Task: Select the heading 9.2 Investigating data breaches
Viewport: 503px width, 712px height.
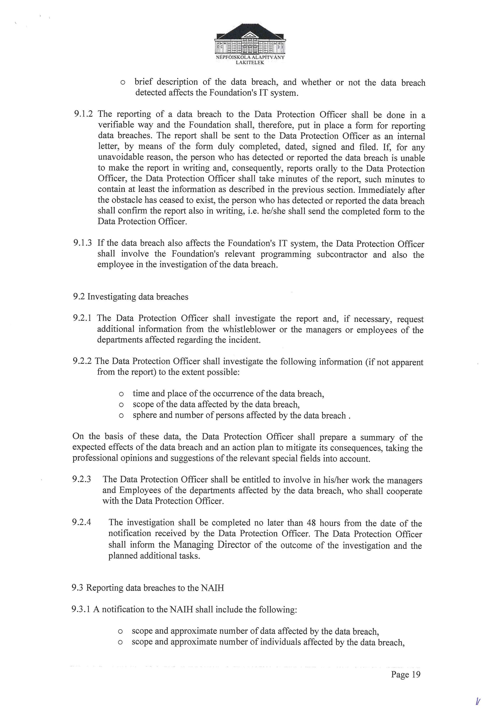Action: [x=130, y=297]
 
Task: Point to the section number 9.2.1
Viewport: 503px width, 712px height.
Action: [x=82, y=318]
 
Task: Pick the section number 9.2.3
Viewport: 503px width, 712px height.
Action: [x=82, y=479]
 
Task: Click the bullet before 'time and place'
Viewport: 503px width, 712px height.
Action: [x=121, y=394]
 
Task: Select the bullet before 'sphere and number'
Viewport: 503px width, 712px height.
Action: [x=121, y=416]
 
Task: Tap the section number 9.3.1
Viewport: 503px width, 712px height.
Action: [x=81, y=609]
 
